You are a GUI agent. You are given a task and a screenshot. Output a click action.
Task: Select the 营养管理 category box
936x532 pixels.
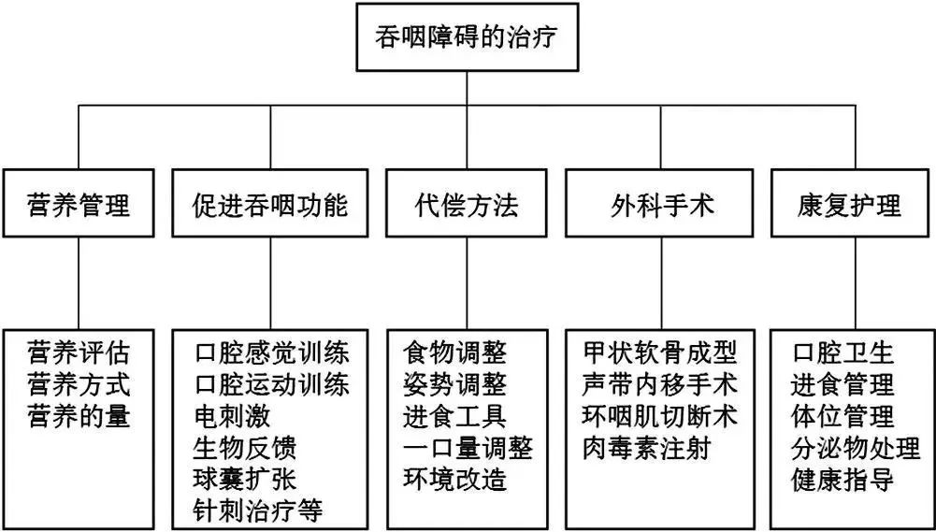(x=78, y=204)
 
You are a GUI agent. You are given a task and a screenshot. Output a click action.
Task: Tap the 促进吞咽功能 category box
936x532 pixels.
(x=271, y=204)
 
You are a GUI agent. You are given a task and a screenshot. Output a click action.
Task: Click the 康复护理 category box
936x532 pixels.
(x=855, y=204)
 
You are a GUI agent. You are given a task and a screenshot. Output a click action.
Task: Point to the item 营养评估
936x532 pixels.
(x=79, y=353)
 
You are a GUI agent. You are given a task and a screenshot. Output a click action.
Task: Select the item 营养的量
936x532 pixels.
(x=79, y=415)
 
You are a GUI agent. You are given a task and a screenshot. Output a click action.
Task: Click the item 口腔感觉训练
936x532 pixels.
(x=272, y=353)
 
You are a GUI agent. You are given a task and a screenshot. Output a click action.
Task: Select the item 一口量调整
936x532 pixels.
(x=468, y=447)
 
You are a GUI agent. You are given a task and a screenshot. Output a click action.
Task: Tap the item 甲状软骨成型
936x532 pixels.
(x=659, y=353)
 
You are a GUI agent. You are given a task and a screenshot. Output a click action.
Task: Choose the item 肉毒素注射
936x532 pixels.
(x=646, y=447)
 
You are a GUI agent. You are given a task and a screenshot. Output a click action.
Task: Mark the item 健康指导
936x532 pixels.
(x=842, y=479)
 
